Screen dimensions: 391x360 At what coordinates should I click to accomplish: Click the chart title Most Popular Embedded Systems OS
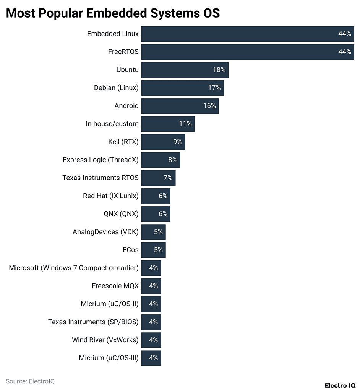coord(113,13)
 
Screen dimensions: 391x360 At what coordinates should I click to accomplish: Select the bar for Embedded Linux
coord(247,34)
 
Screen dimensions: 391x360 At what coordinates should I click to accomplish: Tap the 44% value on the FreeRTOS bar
coord(344,52)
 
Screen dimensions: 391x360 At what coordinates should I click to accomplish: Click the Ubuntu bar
coord(185,70)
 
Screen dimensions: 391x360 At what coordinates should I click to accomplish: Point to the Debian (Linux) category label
coord(116,88)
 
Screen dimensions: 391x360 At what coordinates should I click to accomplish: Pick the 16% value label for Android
coord(209,106)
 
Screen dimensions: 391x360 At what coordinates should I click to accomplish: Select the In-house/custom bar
coord(168,124)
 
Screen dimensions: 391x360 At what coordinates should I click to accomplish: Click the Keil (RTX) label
coord(123,142)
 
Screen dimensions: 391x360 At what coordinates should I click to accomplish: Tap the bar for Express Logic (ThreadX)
coord(161,160)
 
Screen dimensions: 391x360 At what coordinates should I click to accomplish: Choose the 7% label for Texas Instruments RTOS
coord(168,178)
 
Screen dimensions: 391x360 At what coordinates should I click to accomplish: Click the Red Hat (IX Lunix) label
coord(111,196)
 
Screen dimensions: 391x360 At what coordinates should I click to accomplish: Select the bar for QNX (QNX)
coord(156,214)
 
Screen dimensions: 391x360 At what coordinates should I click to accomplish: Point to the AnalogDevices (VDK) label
coord(106,232)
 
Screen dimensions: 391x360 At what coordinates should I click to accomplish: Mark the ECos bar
coord(153,250)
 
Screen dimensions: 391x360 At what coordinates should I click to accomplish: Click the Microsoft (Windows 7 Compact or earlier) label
coord(74,268)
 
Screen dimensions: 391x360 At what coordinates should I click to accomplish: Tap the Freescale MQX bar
coord(151,286)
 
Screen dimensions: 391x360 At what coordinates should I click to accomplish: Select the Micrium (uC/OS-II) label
coord(110,304)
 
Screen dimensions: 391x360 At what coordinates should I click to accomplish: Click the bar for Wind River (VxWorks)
coord(151,340)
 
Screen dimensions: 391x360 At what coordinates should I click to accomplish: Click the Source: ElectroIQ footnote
coord(30,381)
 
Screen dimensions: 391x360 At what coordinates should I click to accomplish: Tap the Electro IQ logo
coord(340,385)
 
